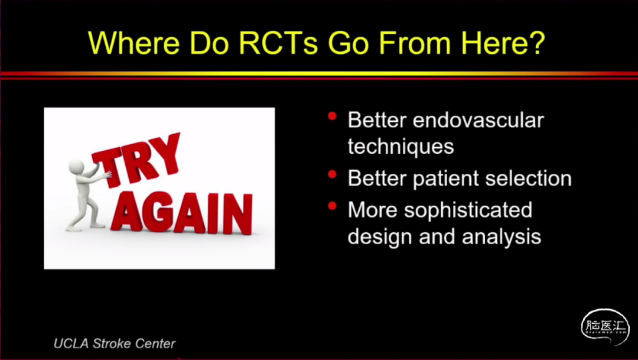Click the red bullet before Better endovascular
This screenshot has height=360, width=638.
[x=333, y=116]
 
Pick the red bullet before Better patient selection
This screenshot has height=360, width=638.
[x=333, y=174]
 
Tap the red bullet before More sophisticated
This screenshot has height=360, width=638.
[x=333, y=206]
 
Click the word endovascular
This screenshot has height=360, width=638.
[x=478, y=120]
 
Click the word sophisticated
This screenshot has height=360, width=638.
[x=468, y=210]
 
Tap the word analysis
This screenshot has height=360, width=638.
[x=502, y=237]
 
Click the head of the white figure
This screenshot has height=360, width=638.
[x=76, y=167]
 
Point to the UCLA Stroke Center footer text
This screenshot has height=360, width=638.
[x=115, y=343]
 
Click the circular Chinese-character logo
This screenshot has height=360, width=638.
[x=605, y=327]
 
